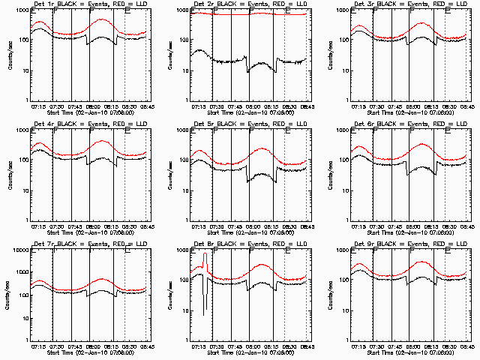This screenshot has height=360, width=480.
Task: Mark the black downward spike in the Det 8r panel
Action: (x=205, y=300)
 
